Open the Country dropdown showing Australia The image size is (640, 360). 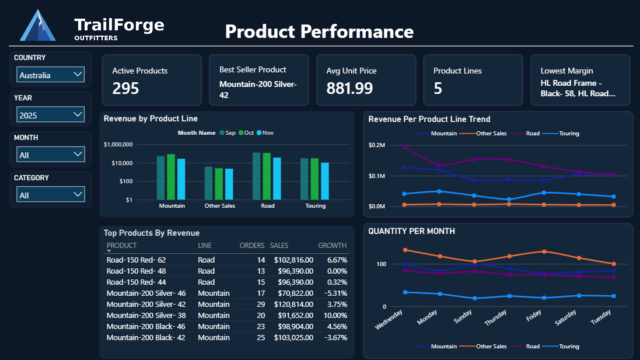click(51, 75)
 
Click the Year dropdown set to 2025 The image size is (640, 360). click(51, 115)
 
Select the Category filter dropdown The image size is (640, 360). click(51, 195)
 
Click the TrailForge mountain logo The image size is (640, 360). click(38, 26)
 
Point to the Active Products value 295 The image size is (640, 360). click(125, 88)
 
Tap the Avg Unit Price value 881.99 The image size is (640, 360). click(349, 88)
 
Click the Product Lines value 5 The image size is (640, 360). click(438, 88)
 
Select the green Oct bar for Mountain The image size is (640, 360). click(171, 177)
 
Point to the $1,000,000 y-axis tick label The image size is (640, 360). click(118, 145)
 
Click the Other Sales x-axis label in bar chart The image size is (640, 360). click(219, 206)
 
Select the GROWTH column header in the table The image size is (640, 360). click(332, 246)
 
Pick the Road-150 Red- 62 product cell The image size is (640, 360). click(136, 260)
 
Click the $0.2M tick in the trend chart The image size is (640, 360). click(377, 145)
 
